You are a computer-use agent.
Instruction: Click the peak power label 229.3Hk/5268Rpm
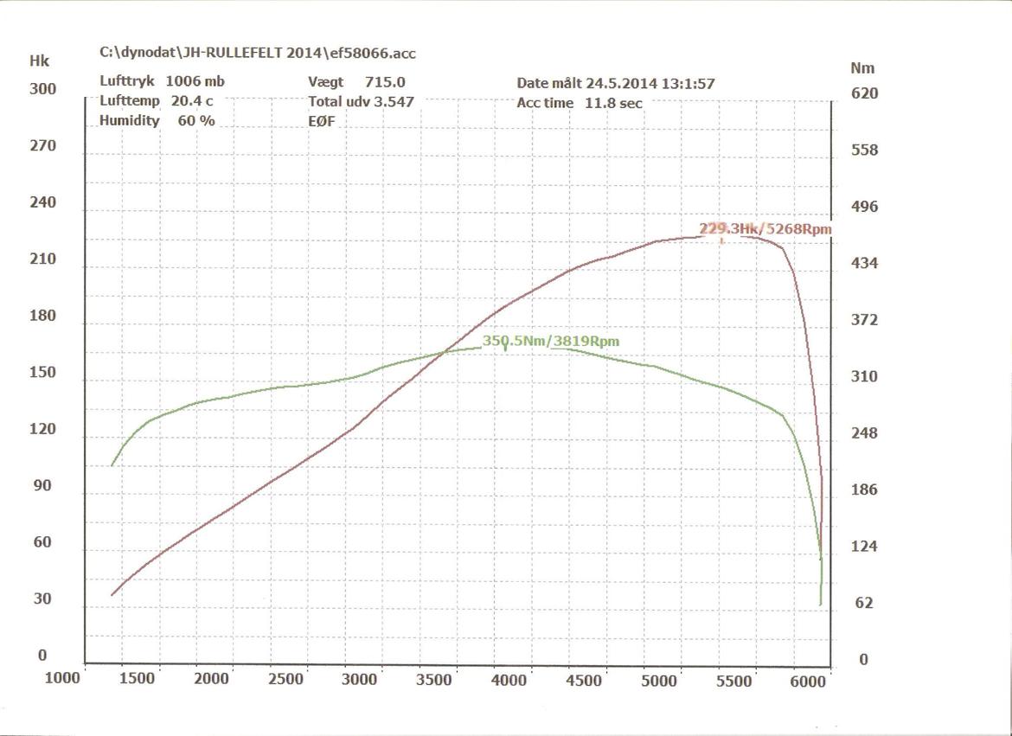pos(765,229)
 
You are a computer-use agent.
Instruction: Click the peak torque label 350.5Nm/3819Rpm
pos(551,342)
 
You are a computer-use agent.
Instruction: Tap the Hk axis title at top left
pos(39,61)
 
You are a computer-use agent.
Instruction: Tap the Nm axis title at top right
pos(862,67)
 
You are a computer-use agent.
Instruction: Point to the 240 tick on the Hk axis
pos(42,202)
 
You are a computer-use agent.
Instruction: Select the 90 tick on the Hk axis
pos(42,485)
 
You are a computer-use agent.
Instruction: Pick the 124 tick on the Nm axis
pos(865,547)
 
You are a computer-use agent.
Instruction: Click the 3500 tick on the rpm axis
pos(433,680)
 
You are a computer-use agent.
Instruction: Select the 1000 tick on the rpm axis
pos(62,678)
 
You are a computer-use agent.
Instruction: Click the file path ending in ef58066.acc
pos(258,54)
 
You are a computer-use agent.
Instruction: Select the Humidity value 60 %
pos(196,121)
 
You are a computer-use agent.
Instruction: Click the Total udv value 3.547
pos(394,101)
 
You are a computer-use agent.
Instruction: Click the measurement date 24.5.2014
pos(631,84)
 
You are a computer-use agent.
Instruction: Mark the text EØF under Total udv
pos(321,121)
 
